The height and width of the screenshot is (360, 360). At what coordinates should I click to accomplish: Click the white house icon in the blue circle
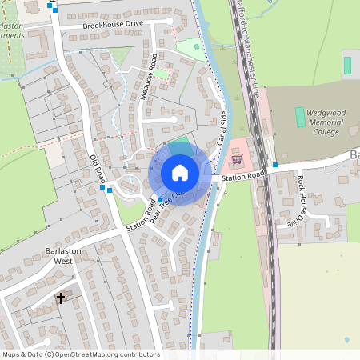[x=180, y=173]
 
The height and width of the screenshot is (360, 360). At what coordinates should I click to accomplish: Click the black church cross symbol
[x=60, y=298]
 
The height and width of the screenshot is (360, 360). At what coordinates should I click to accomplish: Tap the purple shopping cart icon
[x=237, y=159]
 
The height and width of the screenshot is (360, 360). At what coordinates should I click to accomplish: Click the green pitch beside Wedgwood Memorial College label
[x=300, y=117]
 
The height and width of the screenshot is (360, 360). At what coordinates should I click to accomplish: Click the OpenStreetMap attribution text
[x=80, y=354]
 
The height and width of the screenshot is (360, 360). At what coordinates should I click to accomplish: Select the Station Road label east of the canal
[x=243, y=176]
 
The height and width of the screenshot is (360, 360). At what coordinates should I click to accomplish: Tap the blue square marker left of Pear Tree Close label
[x=160, y=200]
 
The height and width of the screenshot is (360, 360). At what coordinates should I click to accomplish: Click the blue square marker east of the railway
[x=275, y=166]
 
